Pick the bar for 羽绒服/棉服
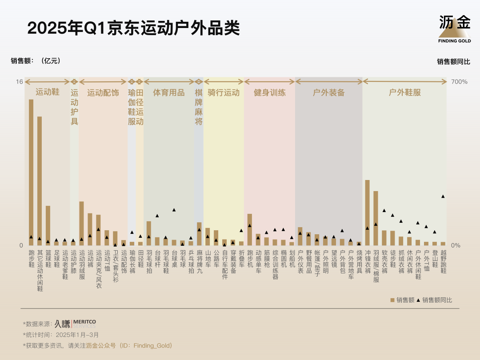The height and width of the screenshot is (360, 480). coord(376,218)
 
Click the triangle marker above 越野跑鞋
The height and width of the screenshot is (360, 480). coord(443,196)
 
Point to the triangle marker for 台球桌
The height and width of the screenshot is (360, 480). coord(174,210)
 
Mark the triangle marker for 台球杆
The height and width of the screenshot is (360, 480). coord(157,216)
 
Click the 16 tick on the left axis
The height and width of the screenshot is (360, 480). coord(19,82)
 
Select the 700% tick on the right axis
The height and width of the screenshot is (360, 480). coord(460,82)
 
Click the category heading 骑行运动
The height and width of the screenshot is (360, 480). coord(224,93)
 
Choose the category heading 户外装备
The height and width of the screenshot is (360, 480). coord(329,93)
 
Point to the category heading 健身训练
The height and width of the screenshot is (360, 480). coord(270,93)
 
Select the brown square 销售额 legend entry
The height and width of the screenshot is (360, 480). coord(402,300)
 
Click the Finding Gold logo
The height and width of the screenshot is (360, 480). coord(454,28)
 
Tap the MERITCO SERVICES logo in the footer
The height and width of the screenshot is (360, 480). coord(75,324)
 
